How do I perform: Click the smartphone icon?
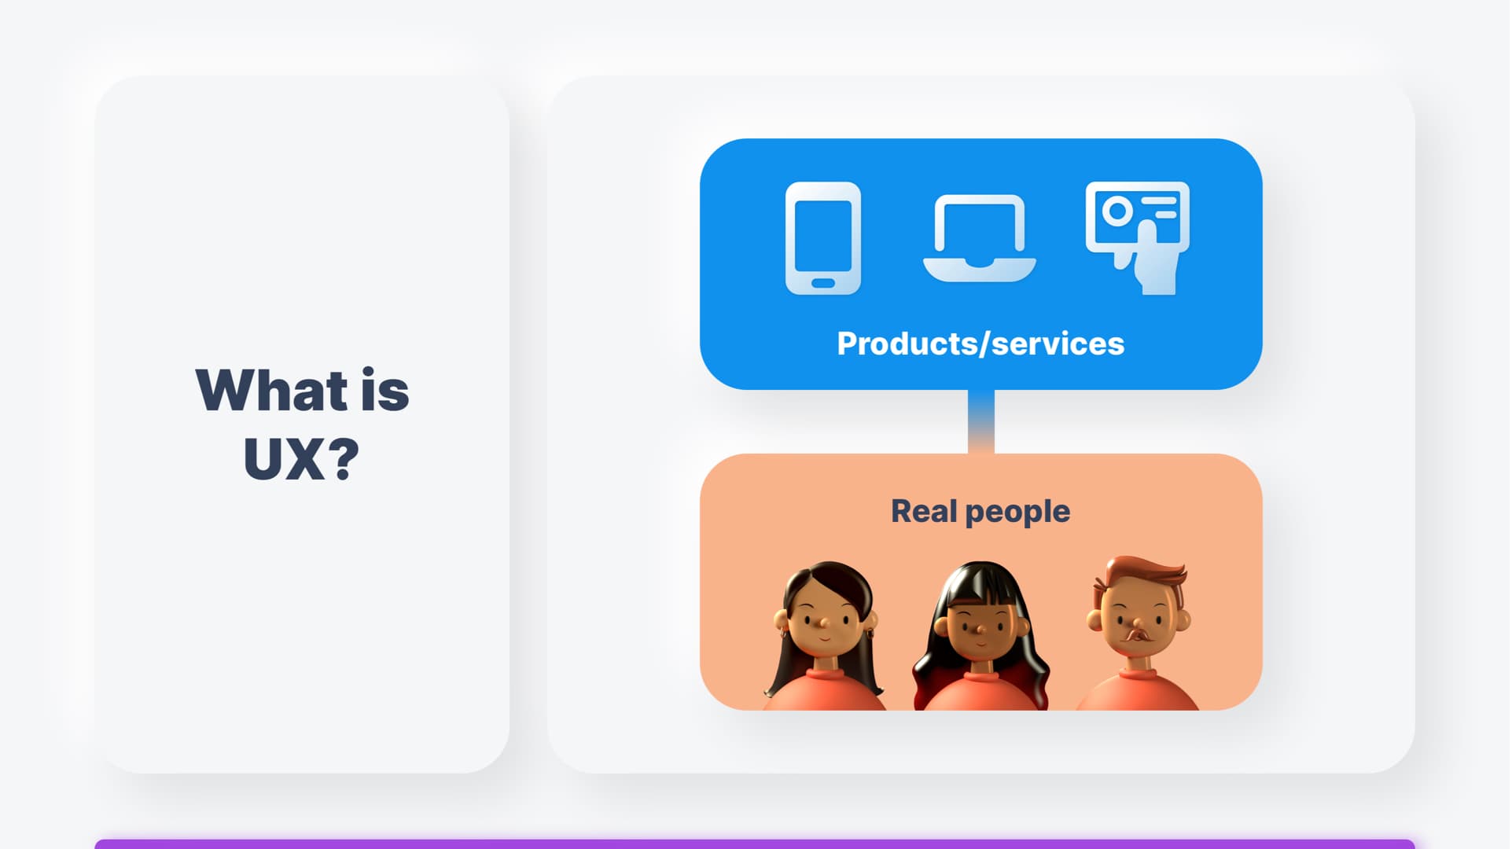click(x=823, y=238)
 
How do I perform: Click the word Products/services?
click(x=980, y=344)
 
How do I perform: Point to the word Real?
click(x=925, y=511)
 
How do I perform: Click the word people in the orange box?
click(x=1017, y=513)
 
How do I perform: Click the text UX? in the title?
click(x=301, y=458)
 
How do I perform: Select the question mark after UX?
click(x=344, y=458)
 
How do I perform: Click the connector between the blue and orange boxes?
click(x=981, y=421)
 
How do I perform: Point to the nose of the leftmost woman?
click(x=822, y=623)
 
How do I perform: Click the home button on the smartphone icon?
click(x=823, y=283)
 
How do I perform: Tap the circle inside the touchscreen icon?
click(x=1117, y=211)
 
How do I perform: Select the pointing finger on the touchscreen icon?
click(x=1147, y=236)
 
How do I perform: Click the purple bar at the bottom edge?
click(x=755, y=844)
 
